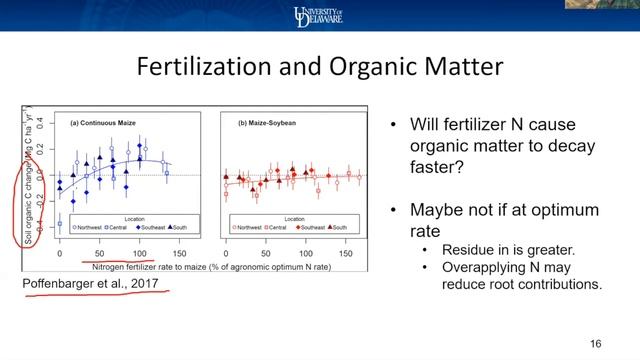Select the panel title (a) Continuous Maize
(x=104, y=123)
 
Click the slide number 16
(x=596, y=343)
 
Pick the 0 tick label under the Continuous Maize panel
(x=60, y=252)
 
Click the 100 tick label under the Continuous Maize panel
(x=140, y=252)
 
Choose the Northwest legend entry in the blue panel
(x=80, y=227)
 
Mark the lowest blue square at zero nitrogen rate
(x=60, y=224)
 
